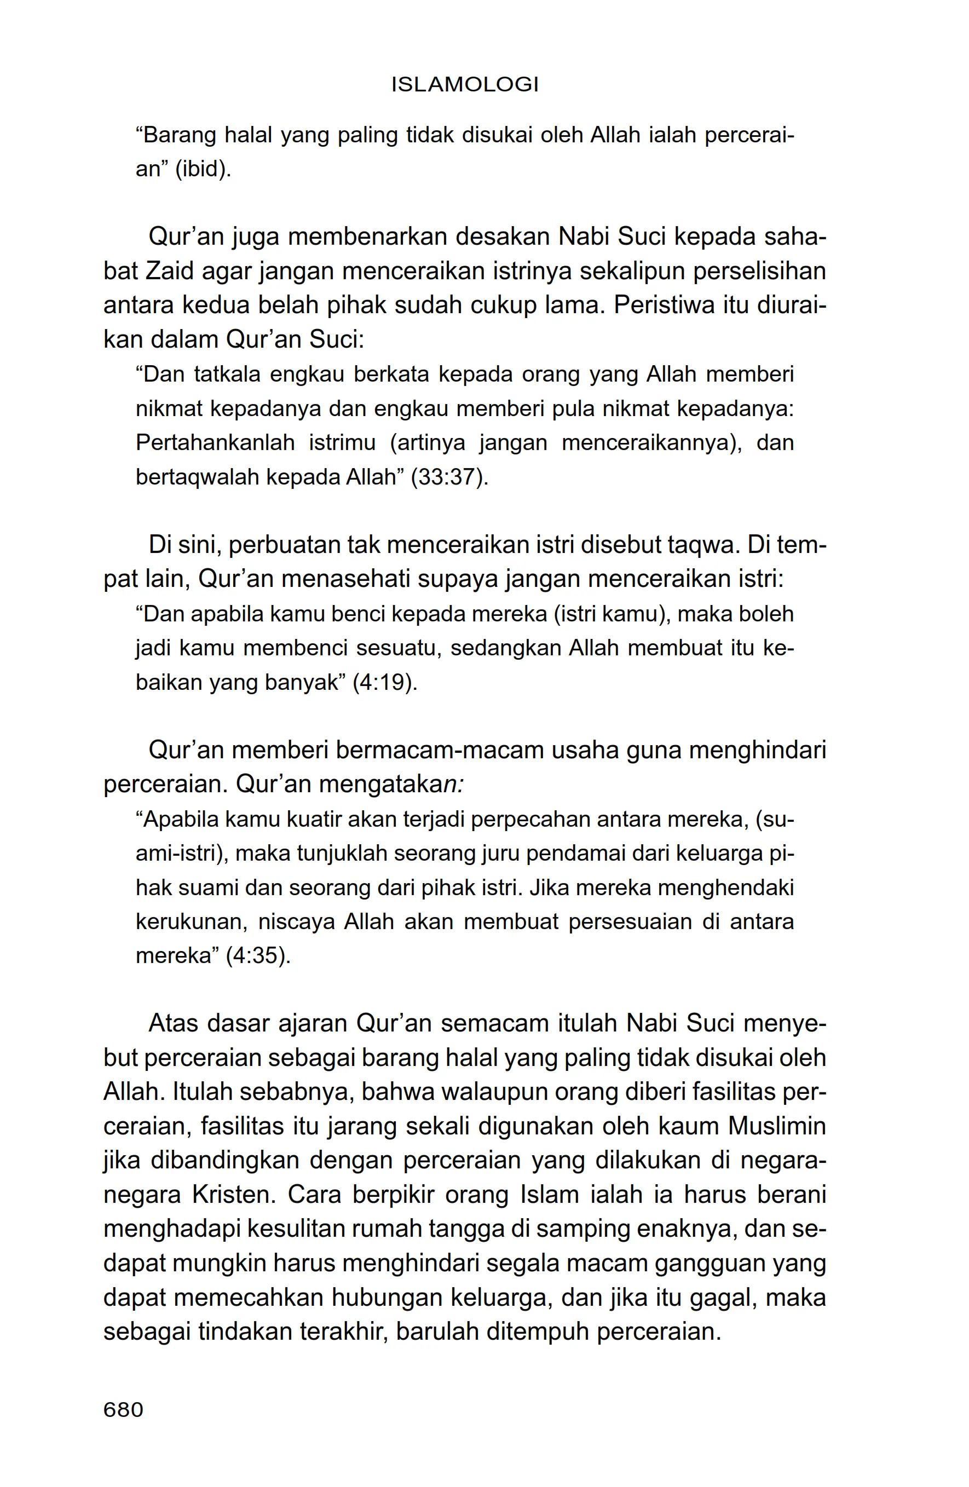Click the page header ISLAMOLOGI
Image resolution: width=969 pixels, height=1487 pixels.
click(x=464, y=84)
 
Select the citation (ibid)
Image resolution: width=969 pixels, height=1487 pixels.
click(x=203, y=169)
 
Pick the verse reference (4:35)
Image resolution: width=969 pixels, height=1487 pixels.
click(x=258, y=956)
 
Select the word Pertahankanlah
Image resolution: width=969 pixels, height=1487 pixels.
click(x=215, y=443)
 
